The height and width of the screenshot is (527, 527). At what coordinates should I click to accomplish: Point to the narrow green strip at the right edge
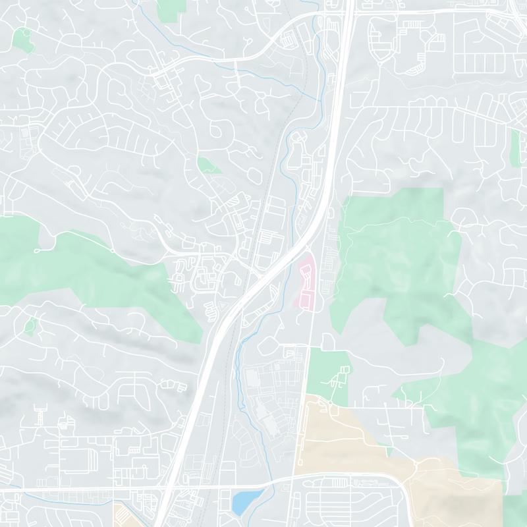(515, 148)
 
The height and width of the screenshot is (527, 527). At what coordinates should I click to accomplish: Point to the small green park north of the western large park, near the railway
(208, 164)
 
